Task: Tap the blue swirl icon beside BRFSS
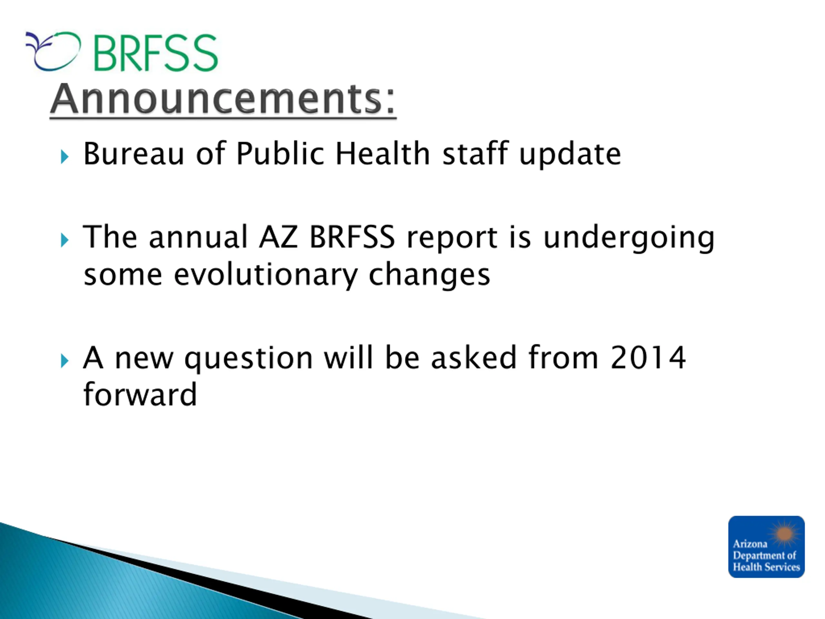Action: (x=53, y=51)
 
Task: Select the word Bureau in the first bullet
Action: (x=134, y=153)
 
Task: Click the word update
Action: (x=570, y=154)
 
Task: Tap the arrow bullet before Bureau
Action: (x=64, y=157)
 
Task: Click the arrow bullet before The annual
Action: (x=64, y=240)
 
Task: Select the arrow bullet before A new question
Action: (x=64, y=361)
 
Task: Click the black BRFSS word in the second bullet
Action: (x=352, y=237)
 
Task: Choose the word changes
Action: (x=429, y=275)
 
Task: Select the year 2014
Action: (x=648, y=358)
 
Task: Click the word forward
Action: (x=140, y=394)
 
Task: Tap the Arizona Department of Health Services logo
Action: (x=766, y=547)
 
